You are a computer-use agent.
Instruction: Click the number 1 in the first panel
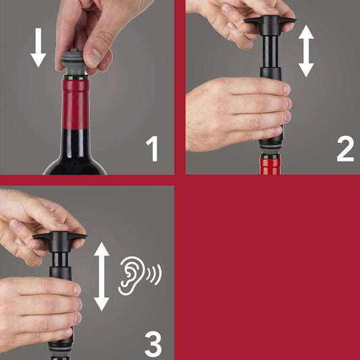tap(154, 149)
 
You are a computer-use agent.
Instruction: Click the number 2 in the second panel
tap(344, 149)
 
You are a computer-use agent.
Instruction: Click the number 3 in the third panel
tap(154, 343)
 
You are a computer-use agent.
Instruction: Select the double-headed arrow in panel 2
tap(307, 51)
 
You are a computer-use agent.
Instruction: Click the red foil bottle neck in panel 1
tap(75, 108)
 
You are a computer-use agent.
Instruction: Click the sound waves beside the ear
tap(154, 274)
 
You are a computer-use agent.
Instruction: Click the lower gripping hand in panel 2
tap(236, 108)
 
